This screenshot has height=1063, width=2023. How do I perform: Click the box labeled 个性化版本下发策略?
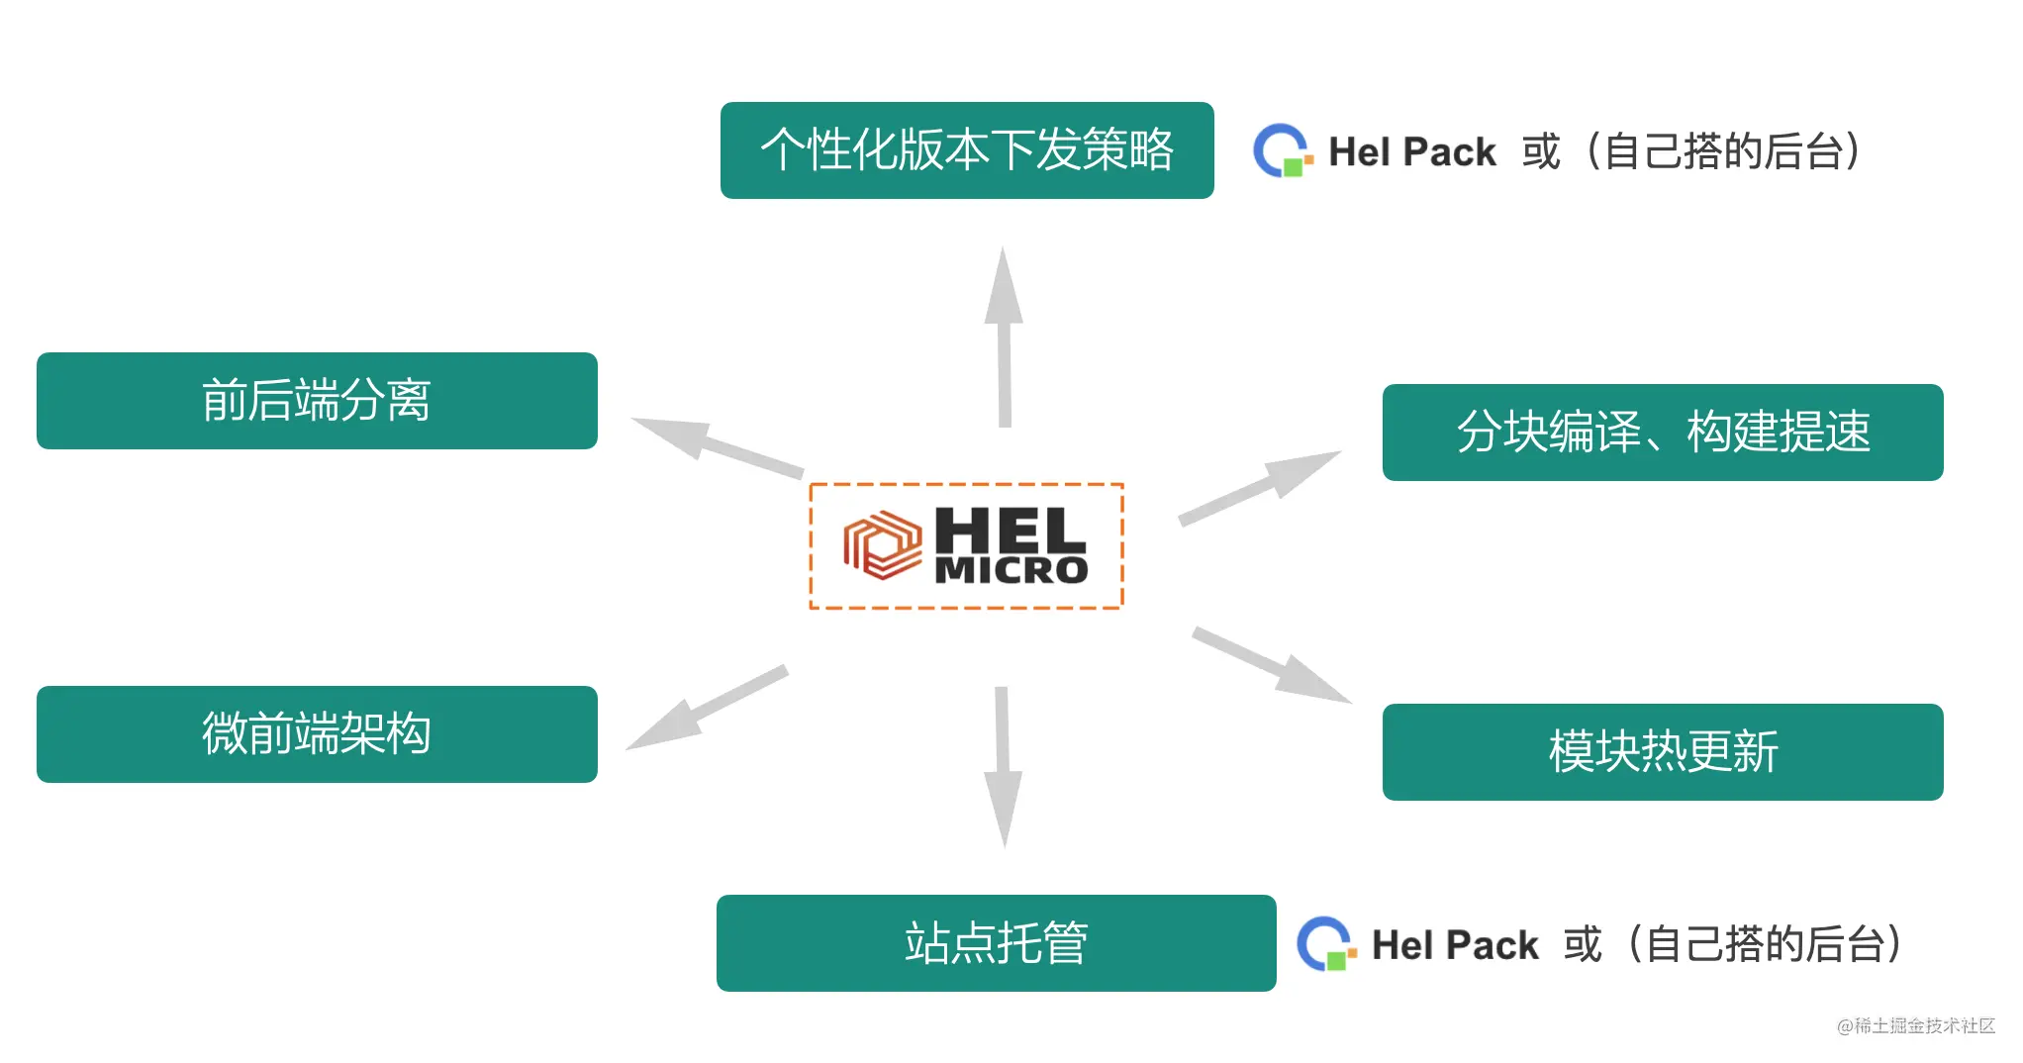967,150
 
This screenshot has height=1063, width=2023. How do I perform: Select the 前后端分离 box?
317,401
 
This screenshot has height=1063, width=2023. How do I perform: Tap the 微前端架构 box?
317,734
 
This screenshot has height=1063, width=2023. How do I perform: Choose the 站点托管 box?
996,943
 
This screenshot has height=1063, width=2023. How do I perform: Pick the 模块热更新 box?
1663,752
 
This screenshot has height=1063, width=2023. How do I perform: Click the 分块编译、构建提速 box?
1663,433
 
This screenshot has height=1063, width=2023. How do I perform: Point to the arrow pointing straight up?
1004,337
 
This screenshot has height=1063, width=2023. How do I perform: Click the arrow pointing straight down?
1003,767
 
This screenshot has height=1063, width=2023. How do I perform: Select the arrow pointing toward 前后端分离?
715,446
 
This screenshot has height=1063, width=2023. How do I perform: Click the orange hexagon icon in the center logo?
882,545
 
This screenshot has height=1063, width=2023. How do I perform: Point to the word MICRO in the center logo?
1011,570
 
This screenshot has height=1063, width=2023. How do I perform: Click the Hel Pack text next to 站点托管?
1455,945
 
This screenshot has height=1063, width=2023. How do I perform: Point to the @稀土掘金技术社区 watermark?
1915,1025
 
